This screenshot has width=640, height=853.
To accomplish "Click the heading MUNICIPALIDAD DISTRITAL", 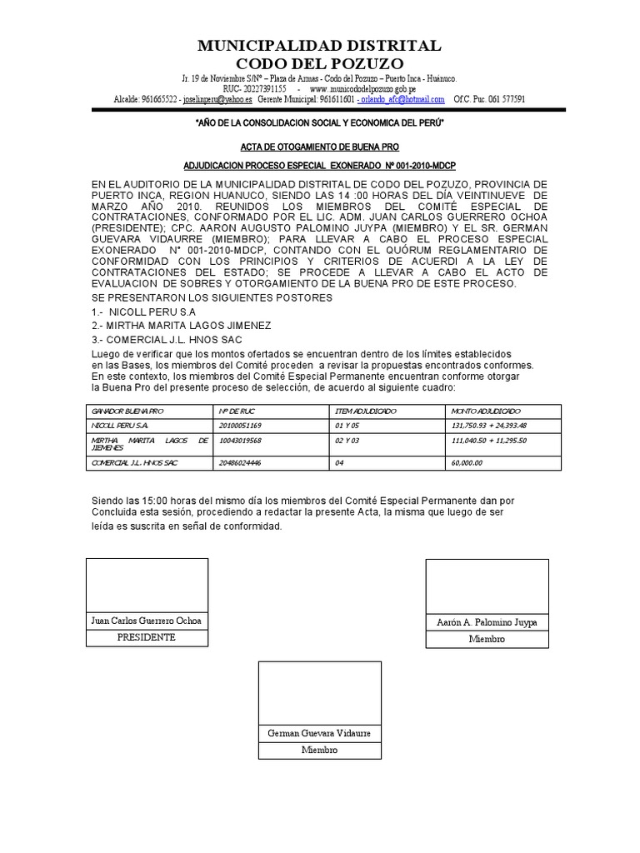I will tap(320, 45).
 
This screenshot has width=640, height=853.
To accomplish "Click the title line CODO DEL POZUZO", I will tap(320, 64).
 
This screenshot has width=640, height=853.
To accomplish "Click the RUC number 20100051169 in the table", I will tap(241, 426).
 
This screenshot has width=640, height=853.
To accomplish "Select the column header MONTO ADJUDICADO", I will tap(486, 412).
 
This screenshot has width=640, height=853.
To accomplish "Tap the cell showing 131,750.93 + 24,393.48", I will tap(488, 426).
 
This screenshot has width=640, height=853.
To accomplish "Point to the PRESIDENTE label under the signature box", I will tap(147, 637).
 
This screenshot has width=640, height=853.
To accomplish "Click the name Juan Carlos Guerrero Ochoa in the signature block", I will tap(147, 621).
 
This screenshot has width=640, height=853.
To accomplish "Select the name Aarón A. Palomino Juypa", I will tap(487, 622).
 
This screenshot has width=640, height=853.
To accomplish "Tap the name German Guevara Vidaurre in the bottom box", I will tap(319, 733).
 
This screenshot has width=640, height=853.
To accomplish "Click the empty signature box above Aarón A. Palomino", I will tap(487, 586).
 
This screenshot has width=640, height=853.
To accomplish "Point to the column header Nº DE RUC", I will tap(236, 412).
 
